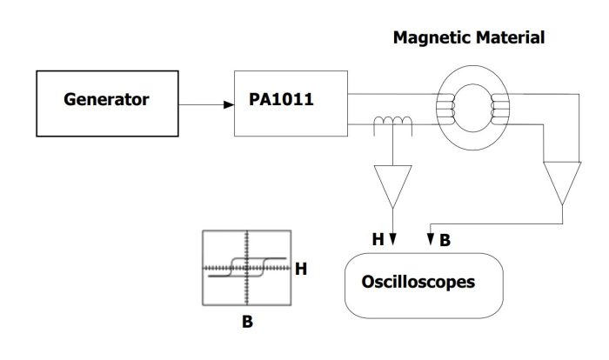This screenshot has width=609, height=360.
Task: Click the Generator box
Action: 106,103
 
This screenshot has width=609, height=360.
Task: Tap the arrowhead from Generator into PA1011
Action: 230,104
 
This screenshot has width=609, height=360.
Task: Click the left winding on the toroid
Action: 450,110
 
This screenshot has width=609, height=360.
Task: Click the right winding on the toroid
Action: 499,110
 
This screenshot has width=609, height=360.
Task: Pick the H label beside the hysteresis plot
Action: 301,270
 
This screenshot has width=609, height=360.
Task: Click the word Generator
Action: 106,100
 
